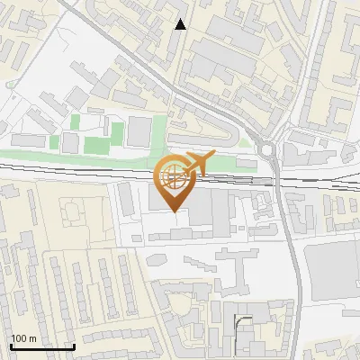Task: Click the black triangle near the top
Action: point(181,24)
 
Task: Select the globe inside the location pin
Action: point(171,180)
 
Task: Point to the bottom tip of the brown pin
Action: point(171,212)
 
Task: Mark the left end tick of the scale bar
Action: point(10,346)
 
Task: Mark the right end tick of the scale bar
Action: point(74,346)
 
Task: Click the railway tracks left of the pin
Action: point(72,167)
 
